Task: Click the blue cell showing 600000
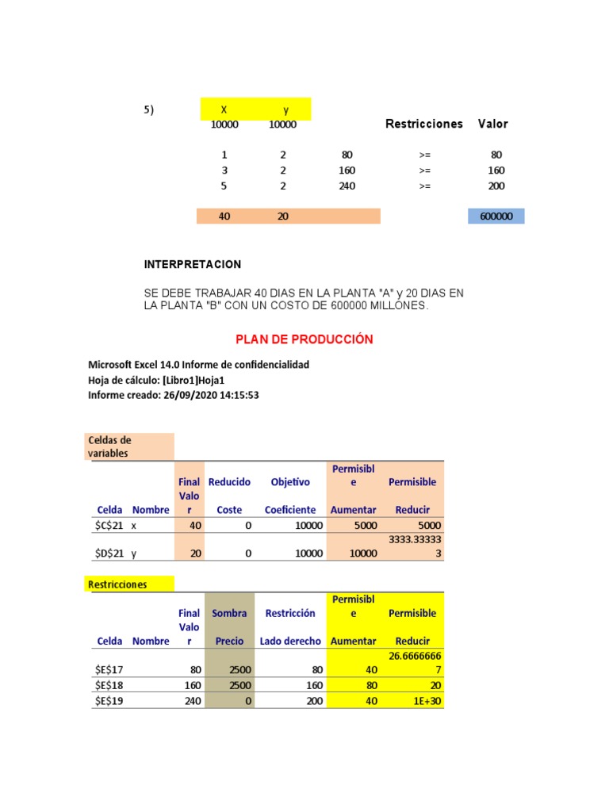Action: (496, 216)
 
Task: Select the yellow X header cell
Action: (224, 109)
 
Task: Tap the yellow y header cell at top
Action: (284, 109)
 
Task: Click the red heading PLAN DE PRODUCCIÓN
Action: (304, 339)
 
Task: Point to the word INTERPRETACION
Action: (193, 264)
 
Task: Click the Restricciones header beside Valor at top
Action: (423, 124)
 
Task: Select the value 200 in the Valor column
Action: (496, 186)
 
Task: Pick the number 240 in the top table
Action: (347, 186)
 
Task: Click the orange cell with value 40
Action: (224, 216)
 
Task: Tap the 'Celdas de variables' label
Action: (110, 446)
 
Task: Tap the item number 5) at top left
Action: (148, 110)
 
